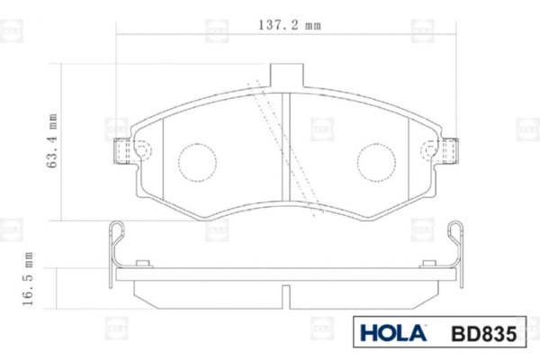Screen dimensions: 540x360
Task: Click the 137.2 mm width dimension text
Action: point(289,25)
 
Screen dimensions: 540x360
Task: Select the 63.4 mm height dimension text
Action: point(52,140)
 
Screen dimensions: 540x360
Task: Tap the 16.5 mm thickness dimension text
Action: point(28,279)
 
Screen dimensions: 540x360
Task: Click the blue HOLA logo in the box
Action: point(393,332)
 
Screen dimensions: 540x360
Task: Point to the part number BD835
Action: point(484,334)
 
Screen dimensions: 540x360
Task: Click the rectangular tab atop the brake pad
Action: point(286,75)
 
